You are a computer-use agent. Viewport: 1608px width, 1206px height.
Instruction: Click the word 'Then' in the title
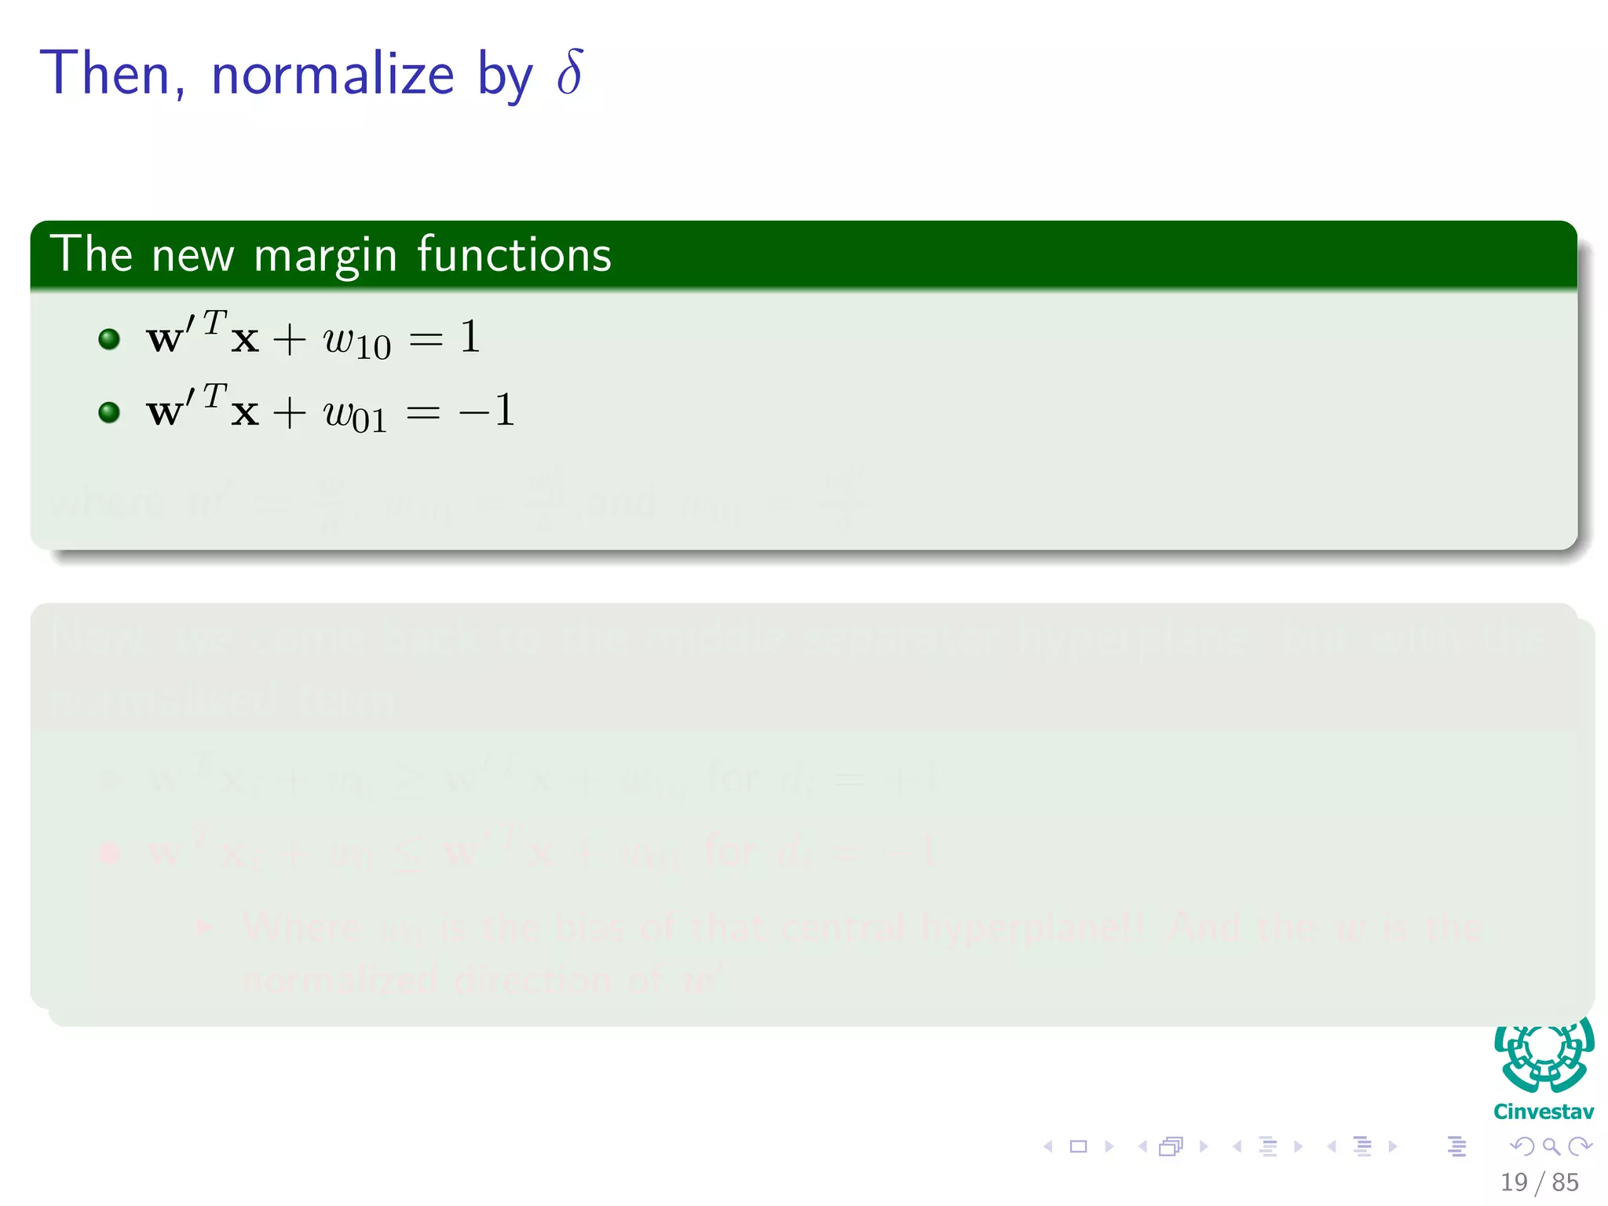(105, 73)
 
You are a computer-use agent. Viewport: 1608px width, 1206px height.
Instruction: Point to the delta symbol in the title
(570, 72)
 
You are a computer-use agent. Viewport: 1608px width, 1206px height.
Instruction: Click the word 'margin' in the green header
(325, 256)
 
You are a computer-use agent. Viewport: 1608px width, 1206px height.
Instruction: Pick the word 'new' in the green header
(193, 256)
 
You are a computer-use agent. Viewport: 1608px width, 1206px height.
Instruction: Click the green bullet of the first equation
(109, 338)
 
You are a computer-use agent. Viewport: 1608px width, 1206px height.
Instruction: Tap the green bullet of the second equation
(109, 412)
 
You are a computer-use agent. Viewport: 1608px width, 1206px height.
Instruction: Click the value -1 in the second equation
(488, 410)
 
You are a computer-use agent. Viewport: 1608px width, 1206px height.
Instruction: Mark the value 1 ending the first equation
(470, 337)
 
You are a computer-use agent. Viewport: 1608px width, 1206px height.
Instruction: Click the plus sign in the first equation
(289, 340)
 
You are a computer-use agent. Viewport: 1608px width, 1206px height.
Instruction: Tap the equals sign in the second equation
(423, 411)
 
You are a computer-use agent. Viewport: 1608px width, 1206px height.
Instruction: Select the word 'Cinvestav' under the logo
(1544, 1112)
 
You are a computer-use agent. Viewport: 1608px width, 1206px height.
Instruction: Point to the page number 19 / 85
(1539, 1182)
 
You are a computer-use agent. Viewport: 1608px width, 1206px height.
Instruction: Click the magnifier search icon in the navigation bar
(1551, 1146)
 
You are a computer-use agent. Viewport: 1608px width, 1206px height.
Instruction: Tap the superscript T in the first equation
(214, 322)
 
